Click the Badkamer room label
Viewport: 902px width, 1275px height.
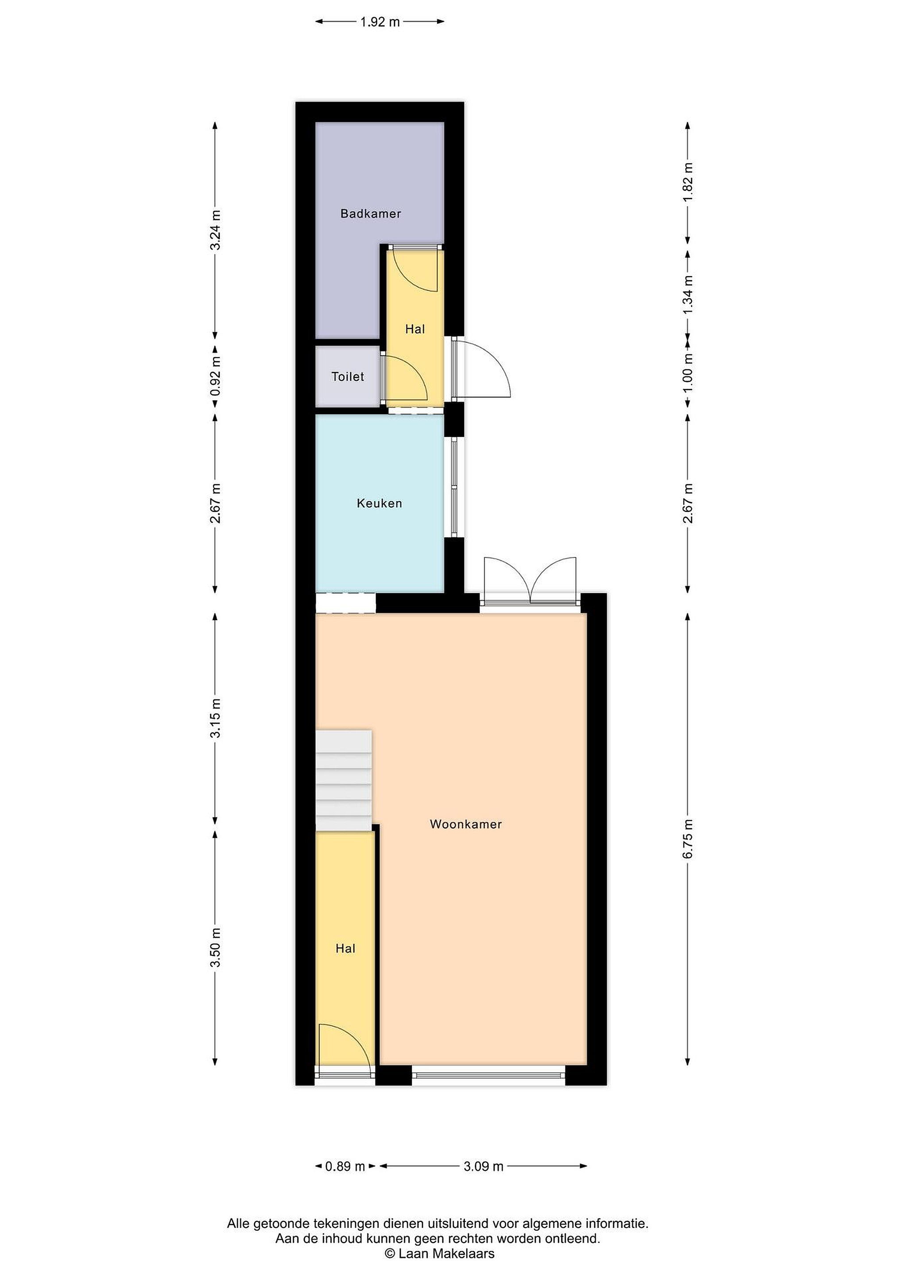[371, 213]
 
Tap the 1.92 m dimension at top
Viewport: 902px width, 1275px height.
[380, 22]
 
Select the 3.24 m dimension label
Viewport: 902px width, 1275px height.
[216, 230]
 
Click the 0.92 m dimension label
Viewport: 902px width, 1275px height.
[216, 376]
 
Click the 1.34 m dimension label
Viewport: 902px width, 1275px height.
[688, 295]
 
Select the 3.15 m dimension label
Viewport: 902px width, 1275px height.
[216, 718]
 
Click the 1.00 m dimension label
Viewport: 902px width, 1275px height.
[688, 373]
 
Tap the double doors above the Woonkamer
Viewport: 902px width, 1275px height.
[530, 580]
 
